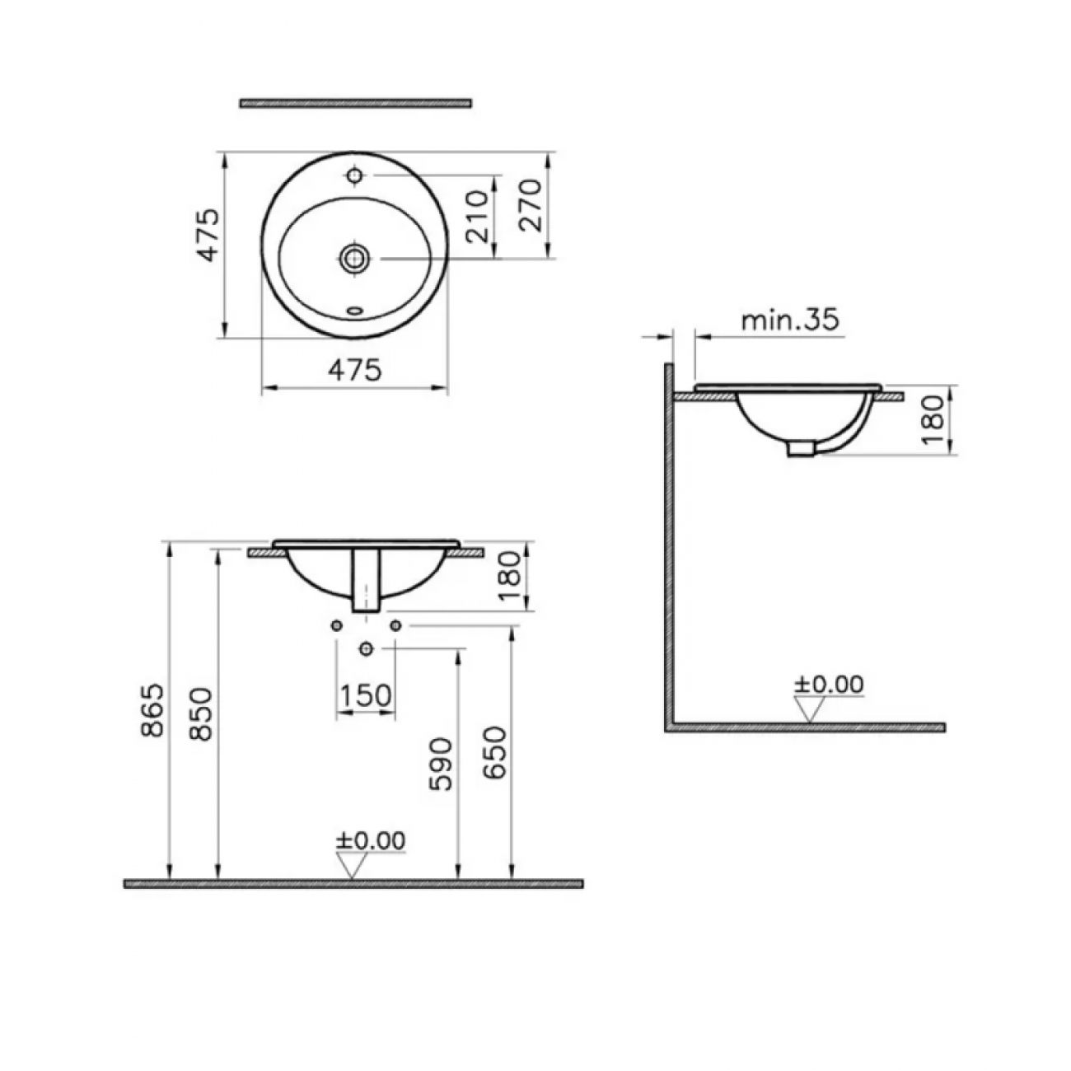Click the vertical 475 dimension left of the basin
click(x=209, y=235)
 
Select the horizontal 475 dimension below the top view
click(x=354, y=370)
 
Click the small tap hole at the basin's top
click(x=354, y=175)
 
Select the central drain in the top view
click(x=353, y=258)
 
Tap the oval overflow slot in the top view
click(x=354, y=311)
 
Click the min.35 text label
click(x=790, y=320)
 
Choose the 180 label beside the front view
click(x=509, y=576)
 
